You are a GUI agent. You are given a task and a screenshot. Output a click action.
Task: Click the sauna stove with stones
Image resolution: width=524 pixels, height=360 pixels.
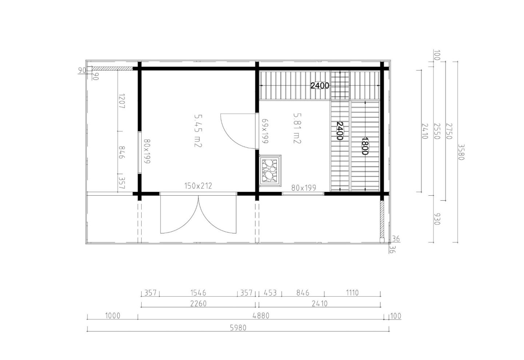pos(270,171)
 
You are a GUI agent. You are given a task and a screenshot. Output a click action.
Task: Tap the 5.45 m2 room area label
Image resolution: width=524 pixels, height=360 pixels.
pos(198,131)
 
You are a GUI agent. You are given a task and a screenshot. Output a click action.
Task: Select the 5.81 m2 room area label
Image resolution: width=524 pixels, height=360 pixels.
pos(297,128)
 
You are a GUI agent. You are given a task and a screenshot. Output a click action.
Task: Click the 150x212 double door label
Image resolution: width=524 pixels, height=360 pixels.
pos(198,186)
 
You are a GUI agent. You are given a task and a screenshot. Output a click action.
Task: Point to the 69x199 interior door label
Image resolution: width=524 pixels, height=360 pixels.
pos(265,131)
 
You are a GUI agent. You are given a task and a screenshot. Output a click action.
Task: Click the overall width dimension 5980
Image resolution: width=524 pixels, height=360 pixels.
pos(238,328)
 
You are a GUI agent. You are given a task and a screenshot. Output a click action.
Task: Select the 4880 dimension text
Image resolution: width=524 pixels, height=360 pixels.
pos(261,316)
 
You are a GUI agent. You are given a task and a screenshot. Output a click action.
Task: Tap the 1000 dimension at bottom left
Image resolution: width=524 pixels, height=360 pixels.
pos(112,316)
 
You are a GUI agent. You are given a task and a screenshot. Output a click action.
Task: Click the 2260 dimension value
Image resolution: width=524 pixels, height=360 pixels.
pos(198,304)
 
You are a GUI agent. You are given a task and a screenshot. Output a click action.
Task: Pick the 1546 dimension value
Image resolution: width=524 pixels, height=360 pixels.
pos(198,293)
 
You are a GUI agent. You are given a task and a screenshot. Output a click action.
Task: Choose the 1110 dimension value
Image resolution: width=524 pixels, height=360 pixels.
pos(352,293)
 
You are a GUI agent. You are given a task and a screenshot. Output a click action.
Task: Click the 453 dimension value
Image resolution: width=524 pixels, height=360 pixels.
pos(270,293)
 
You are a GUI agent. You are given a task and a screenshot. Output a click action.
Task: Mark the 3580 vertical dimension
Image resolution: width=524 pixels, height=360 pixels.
pos(461,152)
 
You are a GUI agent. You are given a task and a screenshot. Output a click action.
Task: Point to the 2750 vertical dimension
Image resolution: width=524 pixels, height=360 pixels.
pos(449,131)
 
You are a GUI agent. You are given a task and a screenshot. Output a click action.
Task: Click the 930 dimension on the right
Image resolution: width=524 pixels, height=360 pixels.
pos(437,219)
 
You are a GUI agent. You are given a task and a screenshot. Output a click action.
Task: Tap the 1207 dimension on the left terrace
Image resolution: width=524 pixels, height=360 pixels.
pos(122,101)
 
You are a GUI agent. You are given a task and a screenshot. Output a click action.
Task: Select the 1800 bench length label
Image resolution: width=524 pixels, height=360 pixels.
pos(365,146)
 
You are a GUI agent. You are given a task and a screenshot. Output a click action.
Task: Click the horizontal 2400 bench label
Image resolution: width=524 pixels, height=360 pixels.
pos(319,86)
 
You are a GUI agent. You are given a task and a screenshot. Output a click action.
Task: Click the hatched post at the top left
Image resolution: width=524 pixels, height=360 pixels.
pos(112,68)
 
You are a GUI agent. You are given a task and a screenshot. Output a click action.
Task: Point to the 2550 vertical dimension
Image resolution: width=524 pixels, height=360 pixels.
pos(437,131)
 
